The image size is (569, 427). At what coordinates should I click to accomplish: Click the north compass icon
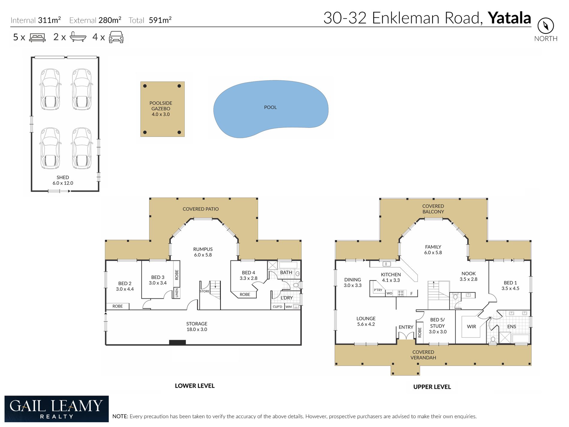coord(546,26)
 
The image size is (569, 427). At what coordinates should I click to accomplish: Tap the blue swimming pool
coord(271,109)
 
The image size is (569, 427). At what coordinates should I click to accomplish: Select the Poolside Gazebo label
coord(161,108)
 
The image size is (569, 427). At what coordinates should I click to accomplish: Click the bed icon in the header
coord(37,37)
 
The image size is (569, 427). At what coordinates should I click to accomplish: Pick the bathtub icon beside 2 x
coord(78,37)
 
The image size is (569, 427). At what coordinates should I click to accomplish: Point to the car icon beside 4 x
coord(116,37)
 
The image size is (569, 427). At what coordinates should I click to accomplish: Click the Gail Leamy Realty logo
coord(57,409)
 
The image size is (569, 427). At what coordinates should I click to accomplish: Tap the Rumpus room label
coord(203,252)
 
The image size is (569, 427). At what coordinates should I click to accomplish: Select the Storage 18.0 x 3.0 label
coord(197,326)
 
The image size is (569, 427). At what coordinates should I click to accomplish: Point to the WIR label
coord(471,326)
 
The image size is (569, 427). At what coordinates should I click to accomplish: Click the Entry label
coord(406,327)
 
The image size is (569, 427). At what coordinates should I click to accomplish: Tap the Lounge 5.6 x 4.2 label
coord(366,321)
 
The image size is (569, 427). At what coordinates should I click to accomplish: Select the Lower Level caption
coord(195,386)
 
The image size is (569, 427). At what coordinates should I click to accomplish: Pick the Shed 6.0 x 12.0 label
coord(63,180)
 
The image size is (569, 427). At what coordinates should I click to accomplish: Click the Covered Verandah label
coord(423,355)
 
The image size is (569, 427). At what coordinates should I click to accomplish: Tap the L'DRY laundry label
coord(287,298)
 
